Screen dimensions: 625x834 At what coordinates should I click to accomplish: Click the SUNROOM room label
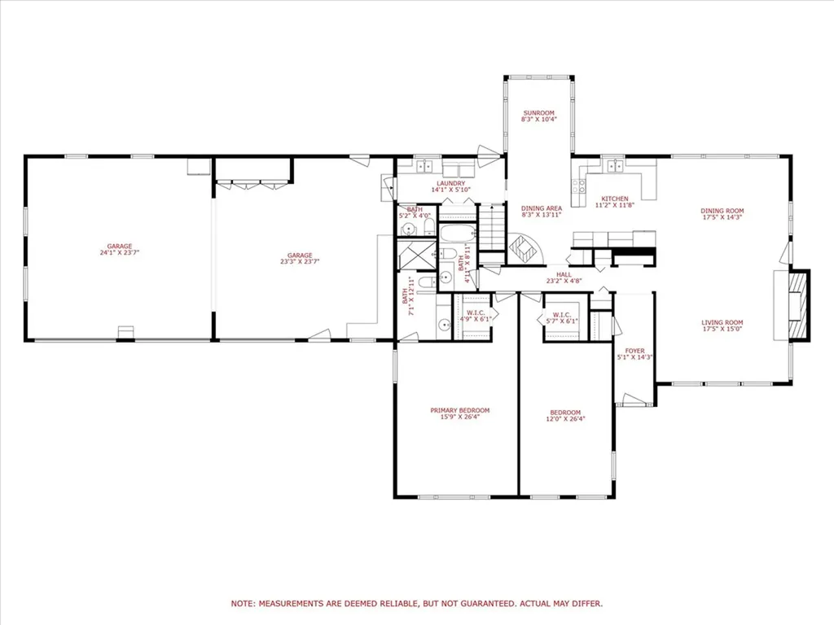pyautogui.click(x=538, y=112)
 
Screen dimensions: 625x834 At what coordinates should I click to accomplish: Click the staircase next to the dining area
pyautogui.click(x=491, y=229)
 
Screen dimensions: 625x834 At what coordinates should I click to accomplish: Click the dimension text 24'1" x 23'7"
pyautogui.click(x=119, y=252)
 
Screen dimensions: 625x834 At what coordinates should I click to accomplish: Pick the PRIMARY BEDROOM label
pyautogui.click(x=460, y=410)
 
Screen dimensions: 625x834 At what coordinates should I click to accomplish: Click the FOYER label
pyautogui.click(x=634, y=351)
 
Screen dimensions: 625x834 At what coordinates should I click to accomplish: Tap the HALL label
pyautogui.click(x=562, y=275)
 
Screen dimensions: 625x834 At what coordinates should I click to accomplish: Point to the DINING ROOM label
pyautogui.click(x=722, y=211)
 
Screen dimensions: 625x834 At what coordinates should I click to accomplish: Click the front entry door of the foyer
pyautogui.click(x=634, y=400)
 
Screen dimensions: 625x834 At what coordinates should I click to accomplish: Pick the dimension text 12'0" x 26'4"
pyautogui.click(x=566, y=418)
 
